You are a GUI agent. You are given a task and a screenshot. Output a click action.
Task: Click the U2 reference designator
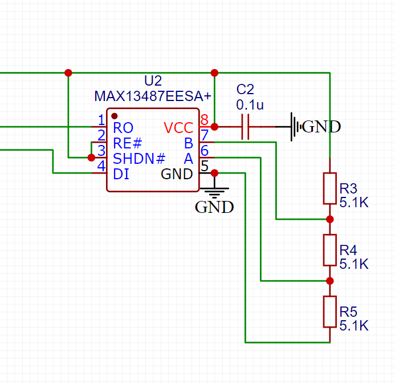[153, 80]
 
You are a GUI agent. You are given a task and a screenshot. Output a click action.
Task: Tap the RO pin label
[123, 127]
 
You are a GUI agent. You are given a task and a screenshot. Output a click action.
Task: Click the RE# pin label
[127, 143]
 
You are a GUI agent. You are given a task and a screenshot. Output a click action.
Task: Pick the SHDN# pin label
[139, 158]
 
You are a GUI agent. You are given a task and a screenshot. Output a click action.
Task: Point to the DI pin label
[121, 174]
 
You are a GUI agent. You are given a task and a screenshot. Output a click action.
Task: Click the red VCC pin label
[178, 127]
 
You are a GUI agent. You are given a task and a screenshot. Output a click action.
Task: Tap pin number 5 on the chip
[204, 167]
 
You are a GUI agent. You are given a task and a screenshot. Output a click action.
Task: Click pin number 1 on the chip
[101, 120]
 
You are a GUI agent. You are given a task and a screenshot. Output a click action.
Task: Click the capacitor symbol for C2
[246, 127]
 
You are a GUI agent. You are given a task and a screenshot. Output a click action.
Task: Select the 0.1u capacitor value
[249, 105]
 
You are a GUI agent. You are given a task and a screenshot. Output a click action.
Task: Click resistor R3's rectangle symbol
[329, 188]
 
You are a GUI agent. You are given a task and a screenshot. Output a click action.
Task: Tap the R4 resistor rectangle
[329, 250]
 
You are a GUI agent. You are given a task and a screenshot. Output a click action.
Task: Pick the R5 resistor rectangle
[329, 312]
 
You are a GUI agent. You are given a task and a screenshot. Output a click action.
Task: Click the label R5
[348, 312]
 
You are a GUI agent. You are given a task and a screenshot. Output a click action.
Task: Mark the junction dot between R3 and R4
[329, 219]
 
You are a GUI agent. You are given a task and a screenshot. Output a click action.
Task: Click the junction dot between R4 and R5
[329, 281]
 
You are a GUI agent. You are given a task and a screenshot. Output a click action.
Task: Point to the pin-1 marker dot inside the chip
[114, 116]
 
